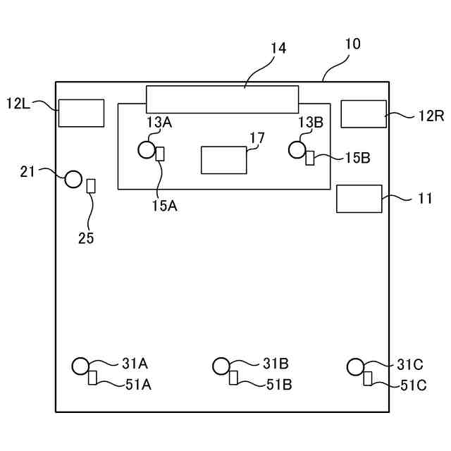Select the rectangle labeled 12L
81,113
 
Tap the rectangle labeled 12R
364,114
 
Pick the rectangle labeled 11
359,199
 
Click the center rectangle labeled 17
224,160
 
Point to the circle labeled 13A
147,149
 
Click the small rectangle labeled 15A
160,154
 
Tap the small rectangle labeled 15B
310,158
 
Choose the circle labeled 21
74,179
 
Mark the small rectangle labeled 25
90,185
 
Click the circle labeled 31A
80,366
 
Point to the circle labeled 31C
355,366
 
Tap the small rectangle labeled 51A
92,378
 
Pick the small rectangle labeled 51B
233,378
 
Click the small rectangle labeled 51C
367,378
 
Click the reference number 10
352,44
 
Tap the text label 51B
279,385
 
